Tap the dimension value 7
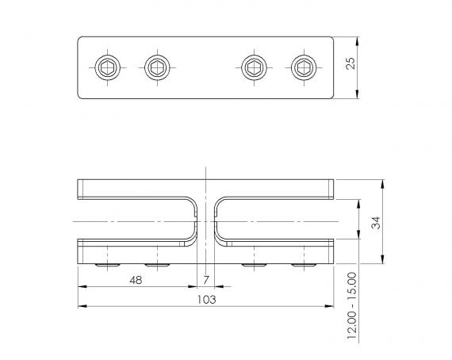tap(206, 280)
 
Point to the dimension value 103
tap(206, 300)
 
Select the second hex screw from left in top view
tap(156, 67)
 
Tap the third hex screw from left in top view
tap(254, 67)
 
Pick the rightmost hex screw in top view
tap(303, 67)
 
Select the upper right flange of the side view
tap(278, 189)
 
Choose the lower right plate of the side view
tap(278, 252)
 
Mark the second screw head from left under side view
tap(156, 265)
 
